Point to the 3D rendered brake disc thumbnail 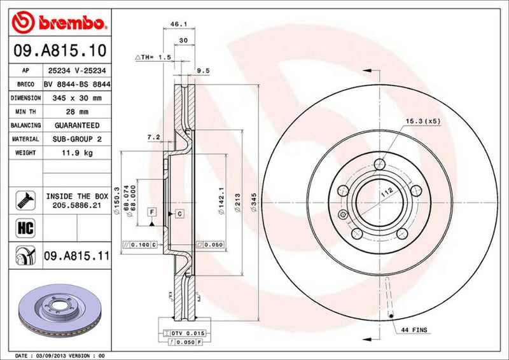click(60, 310)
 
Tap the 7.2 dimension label click(153, 137)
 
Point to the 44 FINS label click(414, 331)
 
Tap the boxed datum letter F click(152, 211)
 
